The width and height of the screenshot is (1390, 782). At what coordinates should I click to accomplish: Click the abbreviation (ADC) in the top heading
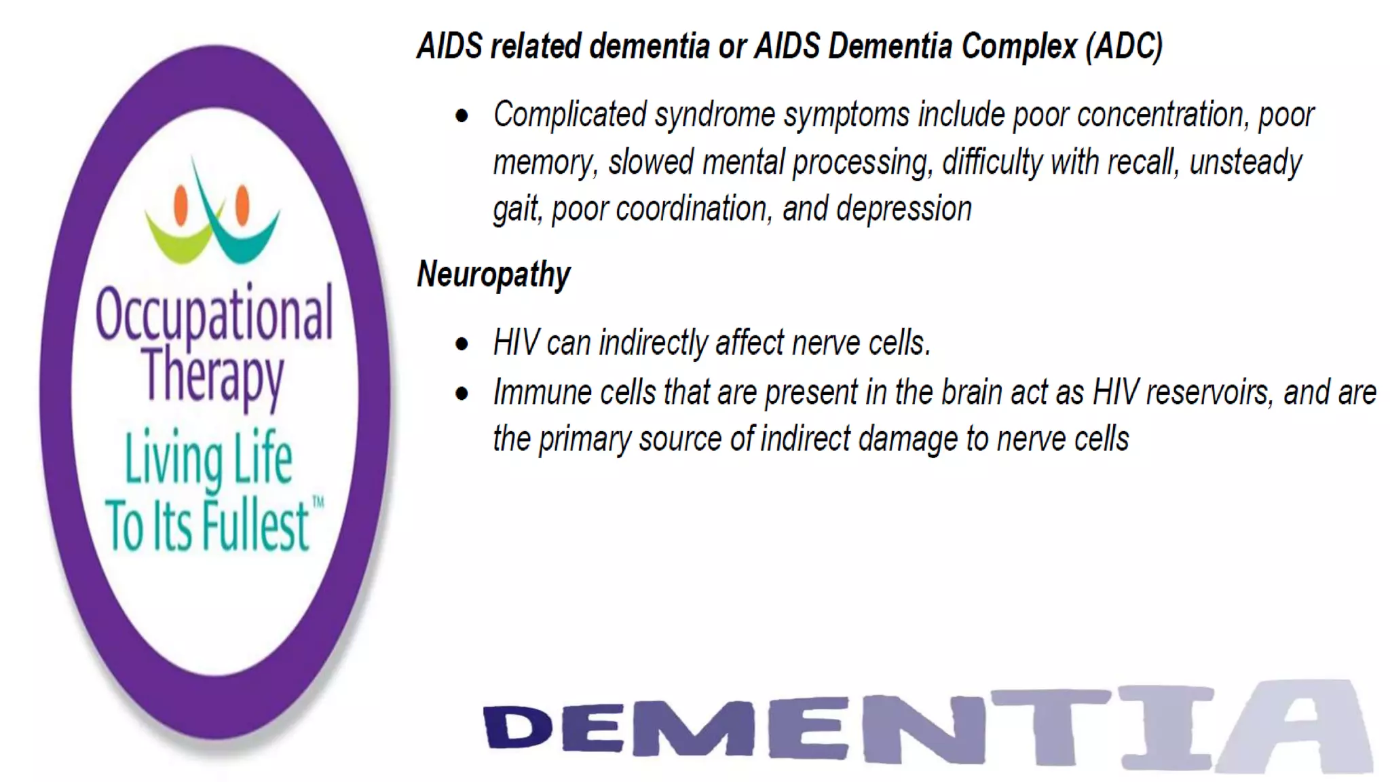(1123, 46)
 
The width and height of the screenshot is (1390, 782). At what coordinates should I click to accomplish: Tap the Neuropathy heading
(493, 274)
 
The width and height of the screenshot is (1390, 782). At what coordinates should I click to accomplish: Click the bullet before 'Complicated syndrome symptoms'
(462, 116)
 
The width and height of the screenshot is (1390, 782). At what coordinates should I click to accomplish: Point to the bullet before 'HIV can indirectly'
(462, 344)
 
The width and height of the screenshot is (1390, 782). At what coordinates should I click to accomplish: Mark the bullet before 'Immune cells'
(462, 394)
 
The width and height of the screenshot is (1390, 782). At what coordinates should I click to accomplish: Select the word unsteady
(1245, 162)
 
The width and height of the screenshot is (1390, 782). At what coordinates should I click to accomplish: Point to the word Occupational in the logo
(214, 314)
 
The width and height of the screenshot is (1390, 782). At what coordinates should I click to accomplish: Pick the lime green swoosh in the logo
(178, 239)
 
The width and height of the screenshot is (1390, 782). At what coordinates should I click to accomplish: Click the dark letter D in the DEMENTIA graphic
(518, 728)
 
